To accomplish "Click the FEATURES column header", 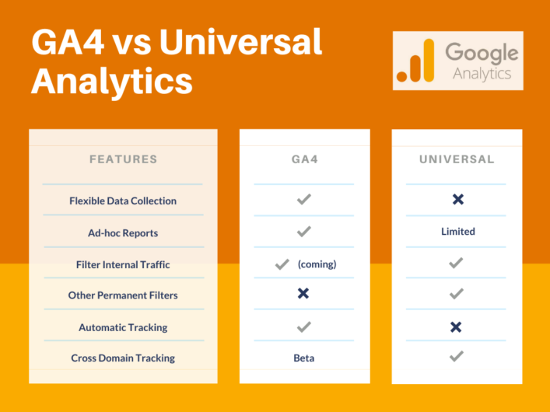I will click(123, 159).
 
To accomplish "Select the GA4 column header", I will click(303, 159).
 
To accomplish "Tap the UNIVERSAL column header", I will click(457, 159).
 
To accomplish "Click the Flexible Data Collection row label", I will click(123, 201).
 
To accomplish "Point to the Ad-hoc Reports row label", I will click(123, 232).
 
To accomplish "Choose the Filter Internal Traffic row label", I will click(123, 264).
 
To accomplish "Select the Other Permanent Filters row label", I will click(123, 295).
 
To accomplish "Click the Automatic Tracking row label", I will click(123, 327).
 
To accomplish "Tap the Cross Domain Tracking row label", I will click(123, 358).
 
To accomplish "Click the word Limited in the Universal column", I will click(457, 232).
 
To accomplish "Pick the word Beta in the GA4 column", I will click(303, 358).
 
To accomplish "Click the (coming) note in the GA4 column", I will click(317, 264).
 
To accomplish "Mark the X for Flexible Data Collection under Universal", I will click(457, 200).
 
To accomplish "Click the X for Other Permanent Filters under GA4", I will click(303, 294).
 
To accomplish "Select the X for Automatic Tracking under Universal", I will click(457, 327).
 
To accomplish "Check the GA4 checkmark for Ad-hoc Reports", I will click(303, 232).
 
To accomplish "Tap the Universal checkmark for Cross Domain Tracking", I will click(457, 357).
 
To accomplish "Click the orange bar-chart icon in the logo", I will click(415, 61).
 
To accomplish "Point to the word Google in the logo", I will click(481, 54).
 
